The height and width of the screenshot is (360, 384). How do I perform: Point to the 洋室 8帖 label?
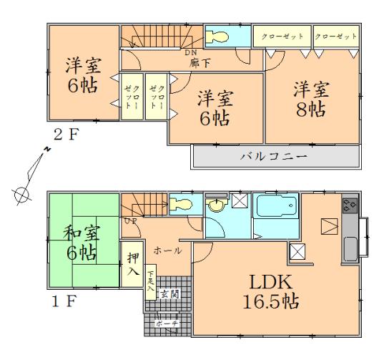[x=310, y=101]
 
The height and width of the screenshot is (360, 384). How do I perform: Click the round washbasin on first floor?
[x=216, y=207]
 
